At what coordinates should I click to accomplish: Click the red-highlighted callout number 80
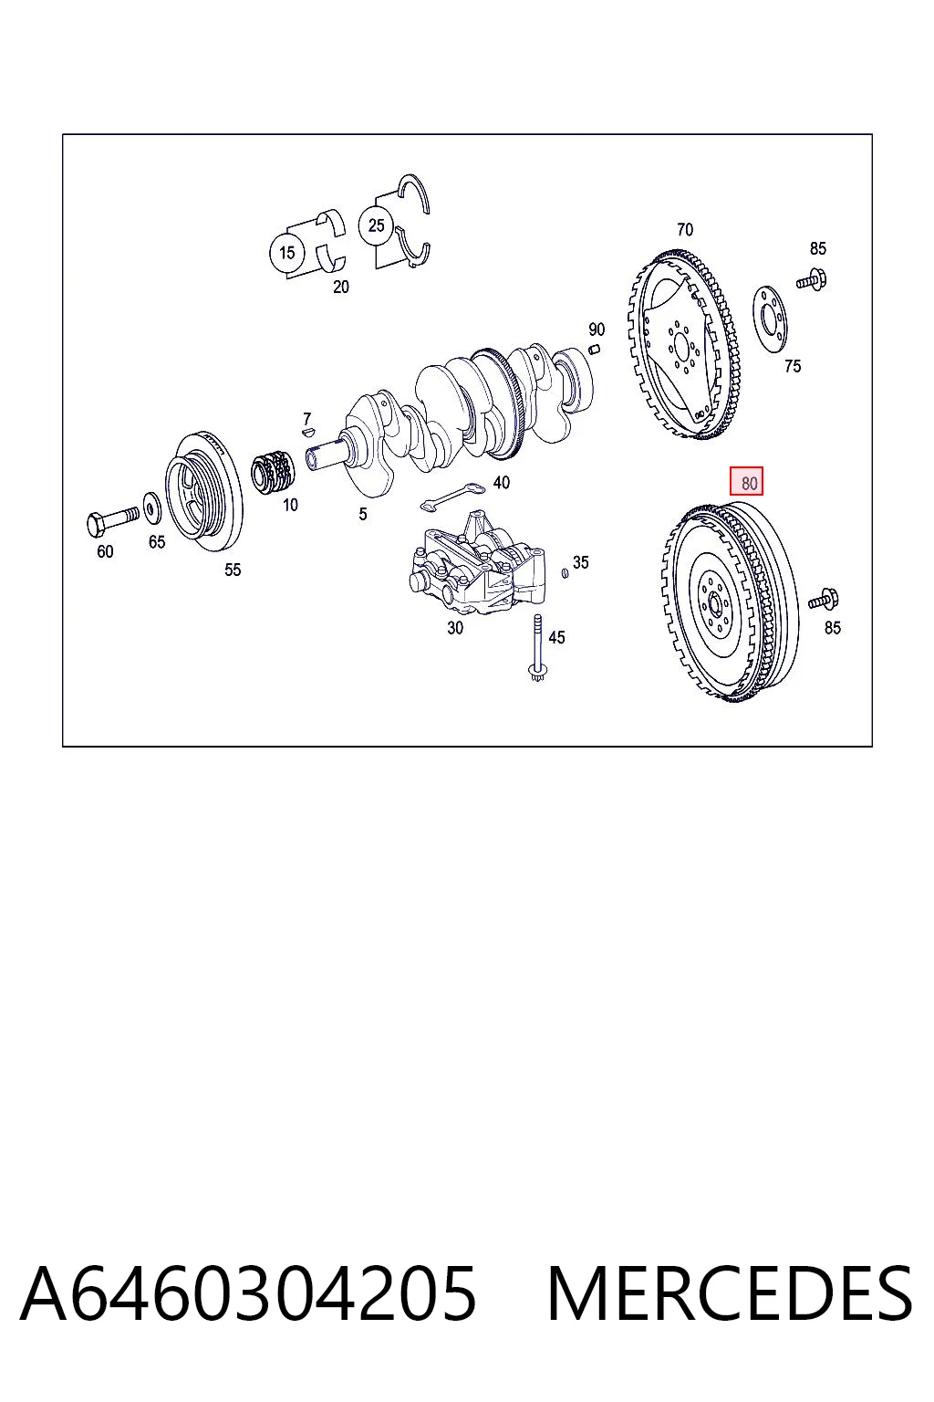(746, 483)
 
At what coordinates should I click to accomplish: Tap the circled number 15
(286, 252)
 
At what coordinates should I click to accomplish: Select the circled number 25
(376, 225)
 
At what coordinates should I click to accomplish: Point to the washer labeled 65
(150, 507)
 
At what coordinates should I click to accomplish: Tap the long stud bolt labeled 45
(536, 648)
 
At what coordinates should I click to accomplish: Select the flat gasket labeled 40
(452, 497)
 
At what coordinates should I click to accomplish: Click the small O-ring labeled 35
(565, 572)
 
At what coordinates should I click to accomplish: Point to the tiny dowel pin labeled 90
(595, 348)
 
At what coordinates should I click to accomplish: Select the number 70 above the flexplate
(684, 230)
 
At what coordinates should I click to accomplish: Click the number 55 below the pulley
(232, 570)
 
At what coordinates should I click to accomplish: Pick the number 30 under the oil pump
(455, 628)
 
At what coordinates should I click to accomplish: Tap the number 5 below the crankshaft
(363, 514)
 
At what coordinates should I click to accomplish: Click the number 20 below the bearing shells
(340, 287)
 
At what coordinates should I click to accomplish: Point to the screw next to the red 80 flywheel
(824, 601)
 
